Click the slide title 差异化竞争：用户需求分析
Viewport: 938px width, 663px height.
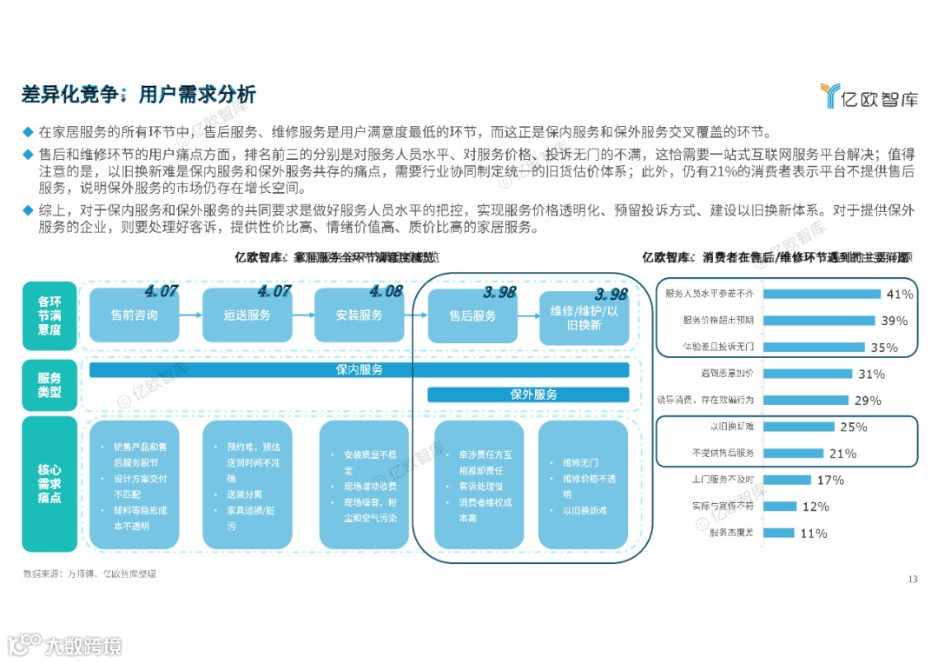tap(139, 95)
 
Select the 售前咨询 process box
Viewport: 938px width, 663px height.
tap(135, 315)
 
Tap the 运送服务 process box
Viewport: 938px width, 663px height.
tap(248, 315)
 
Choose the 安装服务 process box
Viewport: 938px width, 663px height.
tap(360, 315)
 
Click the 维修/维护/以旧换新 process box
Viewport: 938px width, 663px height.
tap(584, 317)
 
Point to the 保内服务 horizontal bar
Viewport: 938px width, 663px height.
tap(359, 370)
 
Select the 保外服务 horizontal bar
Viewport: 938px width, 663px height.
tap(528, 394)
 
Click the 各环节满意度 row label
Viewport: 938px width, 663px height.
tap(50, 315)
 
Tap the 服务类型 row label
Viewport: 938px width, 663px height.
tap(50, 385)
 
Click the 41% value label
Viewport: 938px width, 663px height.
tap(899, 294)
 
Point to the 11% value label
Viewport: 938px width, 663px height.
tap(813, 534)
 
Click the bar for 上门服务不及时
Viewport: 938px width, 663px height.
tap(788, 480)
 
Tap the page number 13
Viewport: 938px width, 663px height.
tap(912, 580)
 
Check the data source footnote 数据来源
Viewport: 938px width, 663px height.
tap(89, 574)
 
